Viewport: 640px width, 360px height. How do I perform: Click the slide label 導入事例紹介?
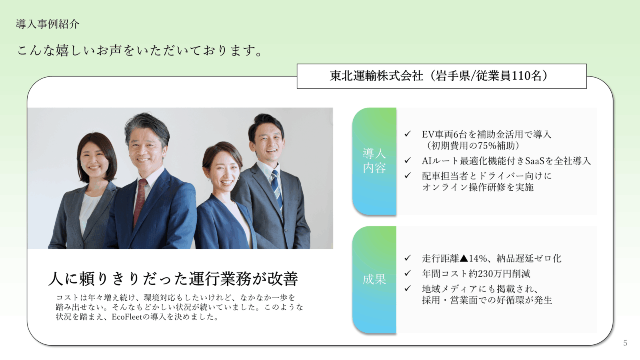48,24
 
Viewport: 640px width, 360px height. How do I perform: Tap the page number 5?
625,343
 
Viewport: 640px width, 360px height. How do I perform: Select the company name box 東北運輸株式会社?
442,76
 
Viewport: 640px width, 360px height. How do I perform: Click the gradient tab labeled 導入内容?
374,161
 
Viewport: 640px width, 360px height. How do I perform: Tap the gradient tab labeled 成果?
374,280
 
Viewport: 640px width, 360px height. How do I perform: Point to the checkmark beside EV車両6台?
408,134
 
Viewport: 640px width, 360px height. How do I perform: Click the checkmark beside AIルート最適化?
408,160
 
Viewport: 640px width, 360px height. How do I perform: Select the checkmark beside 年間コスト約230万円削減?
408,273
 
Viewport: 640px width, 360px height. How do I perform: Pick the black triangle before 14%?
464,258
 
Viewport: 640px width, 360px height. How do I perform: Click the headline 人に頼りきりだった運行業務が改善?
173,278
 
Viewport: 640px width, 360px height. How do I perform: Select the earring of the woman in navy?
238,178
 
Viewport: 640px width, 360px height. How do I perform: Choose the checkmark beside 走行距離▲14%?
408,258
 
